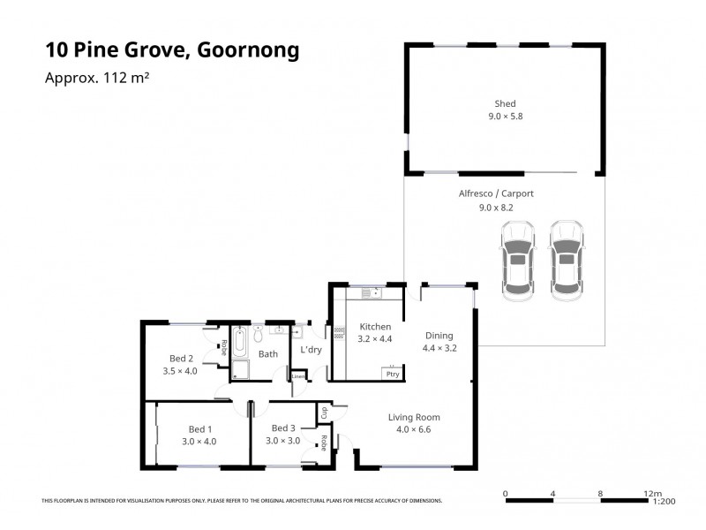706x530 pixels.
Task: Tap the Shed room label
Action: [506, 103]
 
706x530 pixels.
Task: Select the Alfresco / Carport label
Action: [495, 193]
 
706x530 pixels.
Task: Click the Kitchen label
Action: [375, 327]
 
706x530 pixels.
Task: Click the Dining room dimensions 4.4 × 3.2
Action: [439, 348]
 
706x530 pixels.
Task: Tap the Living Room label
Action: [414, 417]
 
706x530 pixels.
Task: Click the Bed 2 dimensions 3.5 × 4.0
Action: [180, 371]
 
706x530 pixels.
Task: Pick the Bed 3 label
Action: [283, 428]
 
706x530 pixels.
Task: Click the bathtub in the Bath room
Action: [240, 343]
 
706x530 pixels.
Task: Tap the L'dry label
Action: [311, 351]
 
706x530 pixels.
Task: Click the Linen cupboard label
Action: [298, 376]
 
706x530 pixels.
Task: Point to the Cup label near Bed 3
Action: [324, 412]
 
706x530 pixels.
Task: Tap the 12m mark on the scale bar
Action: [651, 493]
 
